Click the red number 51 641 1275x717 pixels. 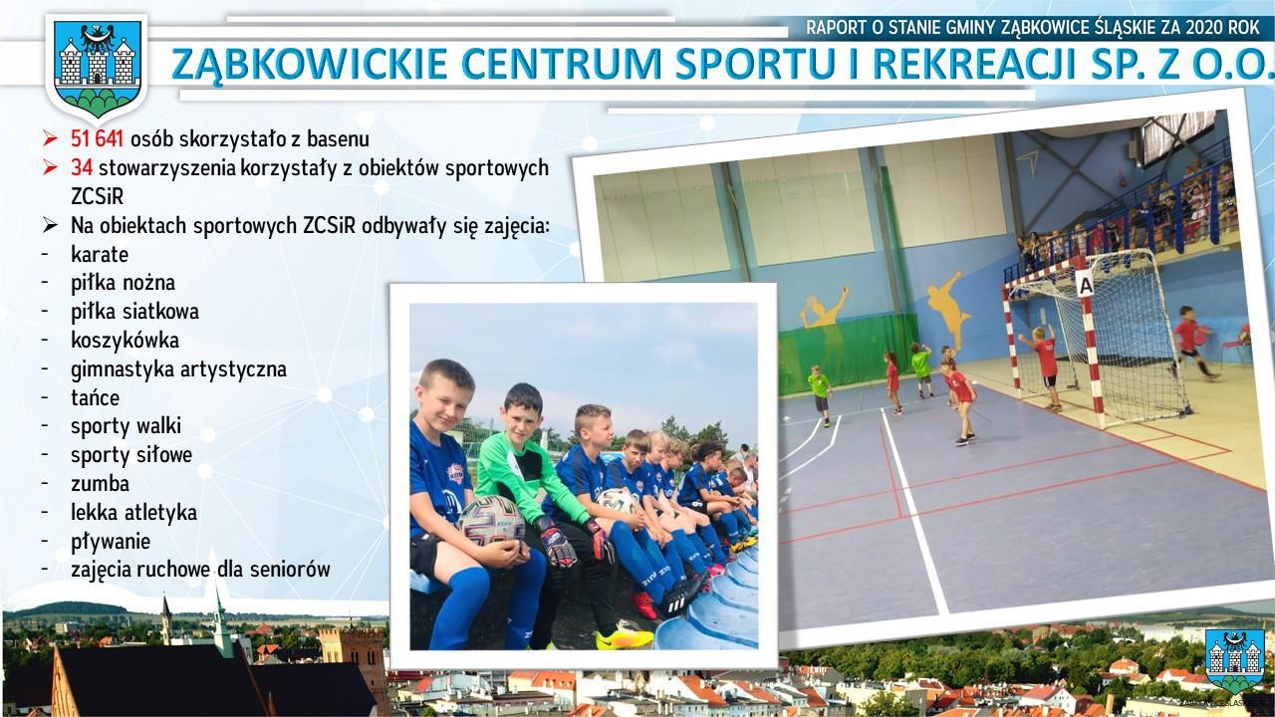point(97,138)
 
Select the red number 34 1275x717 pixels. point(82,168)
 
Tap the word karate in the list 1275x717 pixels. point(100,254)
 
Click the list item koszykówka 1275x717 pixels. point(125,341)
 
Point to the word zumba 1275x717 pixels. point(101,484)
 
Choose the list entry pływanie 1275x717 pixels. point(111,542)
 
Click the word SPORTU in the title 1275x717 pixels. point(763,64)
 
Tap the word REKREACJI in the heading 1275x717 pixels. point(973,64)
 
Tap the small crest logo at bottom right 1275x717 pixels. point(1234,661)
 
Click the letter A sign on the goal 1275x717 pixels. point(1086,284)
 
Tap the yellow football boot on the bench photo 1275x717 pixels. point(624,638)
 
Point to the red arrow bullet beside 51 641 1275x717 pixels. point(50,138)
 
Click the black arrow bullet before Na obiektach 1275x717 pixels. point(50,225)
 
